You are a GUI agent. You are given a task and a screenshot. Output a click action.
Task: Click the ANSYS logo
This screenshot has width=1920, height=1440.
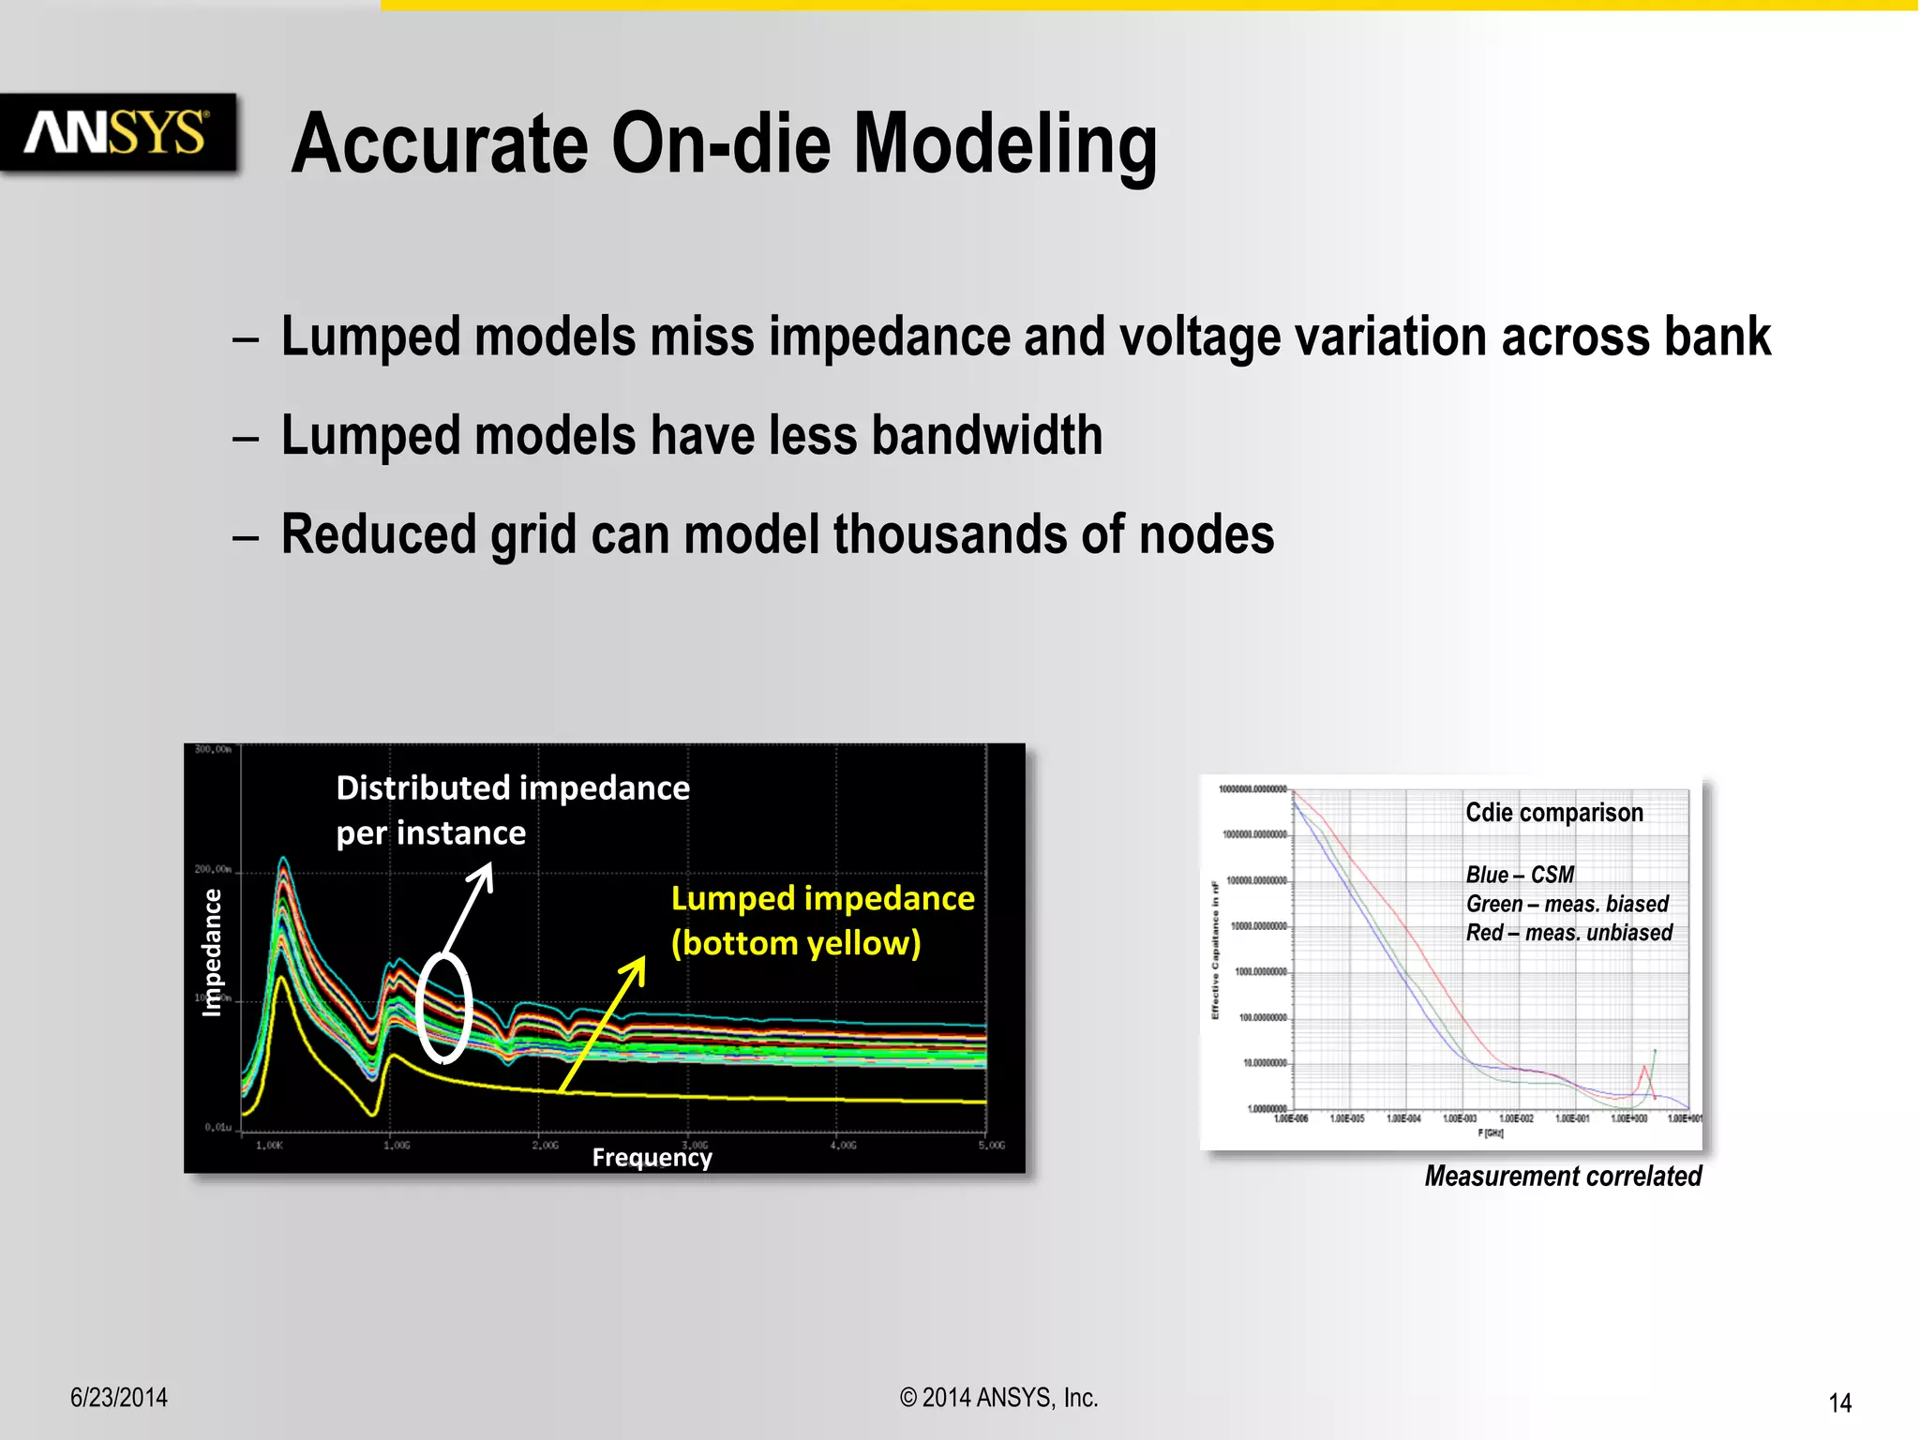pos(116,132)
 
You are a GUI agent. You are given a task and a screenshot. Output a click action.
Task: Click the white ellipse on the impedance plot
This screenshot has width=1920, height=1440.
pos(442,1008)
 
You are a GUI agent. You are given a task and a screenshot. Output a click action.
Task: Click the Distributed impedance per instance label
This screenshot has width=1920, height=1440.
pos(512,810)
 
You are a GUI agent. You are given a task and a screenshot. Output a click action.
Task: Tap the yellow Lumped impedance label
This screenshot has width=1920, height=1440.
pos(822,921)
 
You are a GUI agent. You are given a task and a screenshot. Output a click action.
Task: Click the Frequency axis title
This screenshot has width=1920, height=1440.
pos(652,1158)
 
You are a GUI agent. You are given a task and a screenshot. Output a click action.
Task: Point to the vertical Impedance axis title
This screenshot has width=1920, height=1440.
pos(213,952)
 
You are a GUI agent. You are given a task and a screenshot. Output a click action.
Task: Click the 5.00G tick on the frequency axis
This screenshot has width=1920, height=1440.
pos(991,1146)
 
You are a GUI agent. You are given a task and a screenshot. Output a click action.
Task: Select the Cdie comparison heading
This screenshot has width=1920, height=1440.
pos(1553,813)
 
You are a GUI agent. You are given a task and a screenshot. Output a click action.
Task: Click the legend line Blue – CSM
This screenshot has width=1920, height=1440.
pos(1519,875)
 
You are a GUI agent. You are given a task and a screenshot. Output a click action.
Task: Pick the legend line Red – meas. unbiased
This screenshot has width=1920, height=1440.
pos(1568,933)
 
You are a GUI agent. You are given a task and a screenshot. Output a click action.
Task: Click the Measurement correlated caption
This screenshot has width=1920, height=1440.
pos(1562,1177)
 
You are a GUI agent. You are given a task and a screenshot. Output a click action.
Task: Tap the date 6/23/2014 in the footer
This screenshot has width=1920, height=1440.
pos(119,1398)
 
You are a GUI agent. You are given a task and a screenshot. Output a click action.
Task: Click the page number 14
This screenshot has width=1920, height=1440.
pos(1839,1403)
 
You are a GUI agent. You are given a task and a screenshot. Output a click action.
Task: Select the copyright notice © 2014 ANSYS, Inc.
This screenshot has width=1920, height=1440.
pos(998,1398)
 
